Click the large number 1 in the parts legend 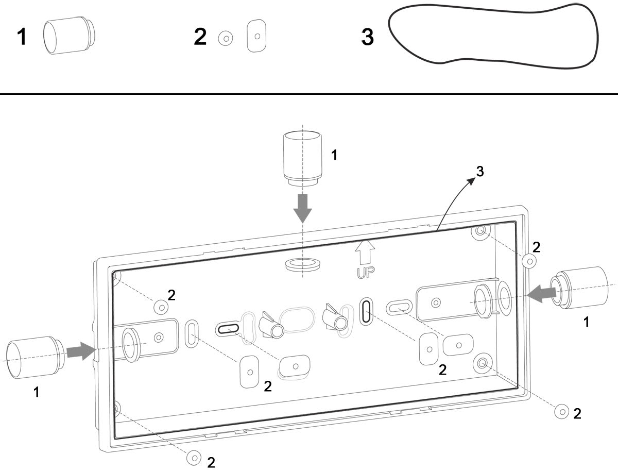pyautogui.click(x=22, y=37)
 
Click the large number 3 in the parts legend pyautogui.click(x=367, y=37)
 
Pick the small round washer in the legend pyautogui.click(x=225, y=38)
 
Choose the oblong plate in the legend pyautogui.click(x=256, y=36)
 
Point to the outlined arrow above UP pyautogui.click(x=365, y=253)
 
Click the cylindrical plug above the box pyautogui.click(x=303, y=157)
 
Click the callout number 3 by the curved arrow pyautogui.click(x=479, y=172)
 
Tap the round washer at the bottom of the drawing pyautogui.click(x=194, y=457)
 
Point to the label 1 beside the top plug pyautogui.click(x=334, y=155)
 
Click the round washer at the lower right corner pyautogui.click(x=561, y=411)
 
